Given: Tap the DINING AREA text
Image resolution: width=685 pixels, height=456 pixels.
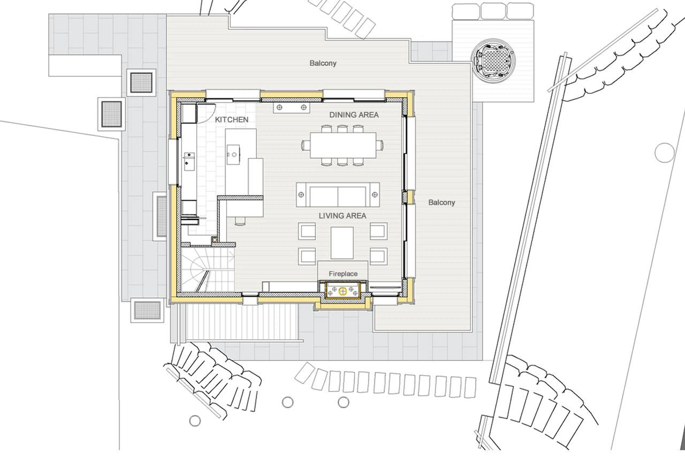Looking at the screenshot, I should pos(354,115).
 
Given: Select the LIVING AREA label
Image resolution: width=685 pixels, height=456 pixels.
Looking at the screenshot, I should pos(342,215).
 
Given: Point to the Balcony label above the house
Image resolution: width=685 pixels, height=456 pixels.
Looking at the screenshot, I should pos(323,63).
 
